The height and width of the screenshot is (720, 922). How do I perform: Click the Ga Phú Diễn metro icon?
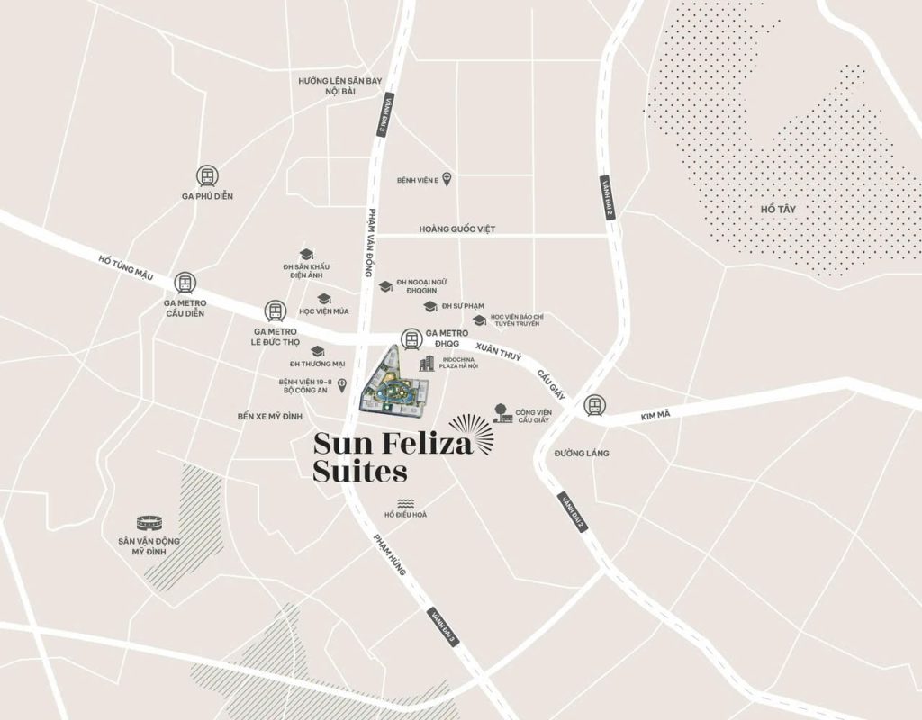[208, 176]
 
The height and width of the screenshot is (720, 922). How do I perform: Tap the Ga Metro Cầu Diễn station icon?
[185, 283]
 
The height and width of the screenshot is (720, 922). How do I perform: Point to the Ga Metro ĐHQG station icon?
[411, 339]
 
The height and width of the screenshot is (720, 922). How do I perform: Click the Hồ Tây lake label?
[778, 209]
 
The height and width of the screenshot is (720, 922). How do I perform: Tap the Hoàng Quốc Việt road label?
[457, 229]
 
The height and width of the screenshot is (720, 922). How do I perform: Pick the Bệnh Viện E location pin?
[447, 179]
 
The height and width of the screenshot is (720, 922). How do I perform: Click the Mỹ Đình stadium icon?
[149, 522]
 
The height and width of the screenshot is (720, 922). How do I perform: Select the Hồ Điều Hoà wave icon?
[405, 503]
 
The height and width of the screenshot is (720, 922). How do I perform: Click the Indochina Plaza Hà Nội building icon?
[427, 363]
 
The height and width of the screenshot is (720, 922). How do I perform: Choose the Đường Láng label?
[582, 453]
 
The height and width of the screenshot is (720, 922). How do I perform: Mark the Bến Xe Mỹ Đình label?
[270, 417]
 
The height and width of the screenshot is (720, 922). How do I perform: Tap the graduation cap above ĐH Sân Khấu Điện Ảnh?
[306, 255]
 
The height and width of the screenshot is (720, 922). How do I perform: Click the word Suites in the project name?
[360, 471]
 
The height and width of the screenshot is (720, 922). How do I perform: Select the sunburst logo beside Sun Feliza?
[472, 433]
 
